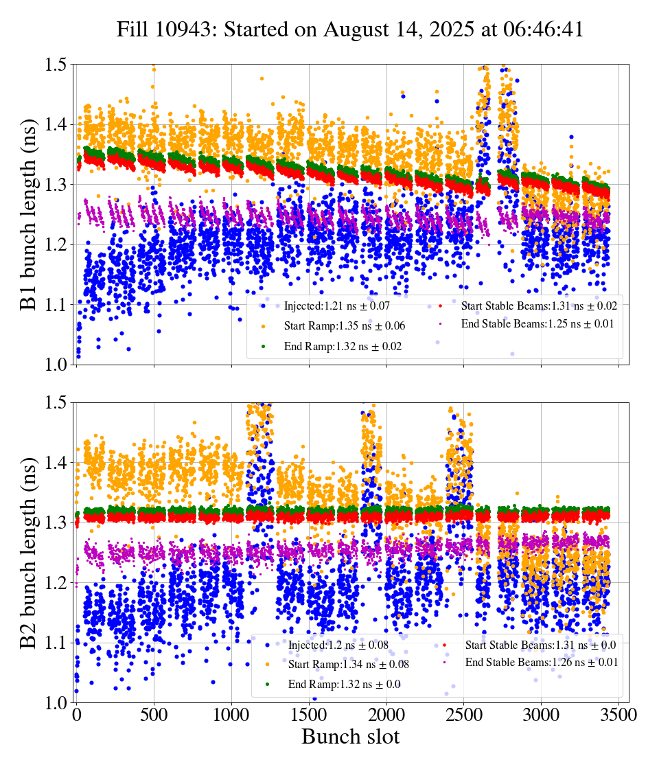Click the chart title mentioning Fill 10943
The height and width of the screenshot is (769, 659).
point(350,30)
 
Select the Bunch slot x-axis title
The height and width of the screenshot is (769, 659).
point(350,737)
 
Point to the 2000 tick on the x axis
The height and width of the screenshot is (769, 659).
point(386,714)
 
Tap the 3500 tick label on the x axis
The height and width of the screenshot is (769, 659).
point(618,714)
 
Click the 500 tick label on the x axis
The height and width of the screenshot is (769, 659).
point(154,714)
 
